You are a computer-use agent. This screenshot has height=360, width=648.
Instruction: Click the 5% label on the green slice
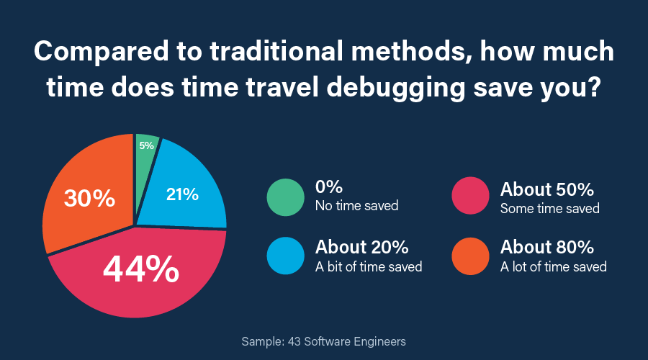coord(147,145)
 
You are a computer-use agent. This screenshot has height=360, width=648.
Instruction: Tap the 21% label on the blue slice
coord(182,194)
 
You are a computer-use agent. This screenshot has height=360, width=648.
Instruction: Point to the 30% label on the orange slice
coord(89,198)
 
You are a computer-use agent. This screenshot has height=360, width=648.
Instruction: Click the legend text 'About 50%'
coord(547,189)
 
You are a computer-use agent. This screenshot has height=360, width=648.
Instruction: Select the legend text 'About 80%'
coord(547,248)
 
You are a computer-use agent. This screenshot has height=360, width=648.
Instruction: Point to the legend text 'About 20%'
coord(362,248)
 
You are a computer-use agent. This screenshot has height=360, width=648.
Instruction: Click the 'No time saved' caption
coord(356,207)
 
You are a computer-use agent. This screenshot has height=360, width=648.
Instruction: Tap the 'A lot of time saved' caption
coord(554,266)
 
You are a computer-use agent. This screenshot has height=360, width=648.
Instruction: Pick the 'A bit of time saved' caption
coord(369,266)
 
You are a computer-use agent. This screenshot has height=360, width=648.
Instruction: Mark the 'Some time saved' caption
coord(550,208)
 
